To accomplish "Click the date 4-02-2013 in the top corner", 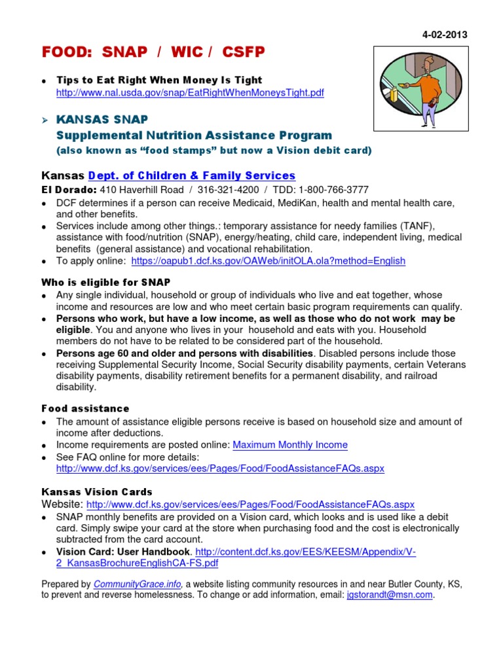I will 445,35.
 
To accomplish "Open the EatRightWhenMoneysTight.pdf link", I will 190,93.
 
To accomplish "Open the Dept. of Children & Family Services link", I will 192,175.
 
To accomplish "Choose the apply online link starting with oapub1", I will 268,260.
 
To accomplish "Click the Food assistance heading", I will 85,408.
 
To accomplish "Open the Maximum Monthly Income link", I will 290,445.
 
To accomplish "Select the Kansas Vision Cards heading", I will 97,491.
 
